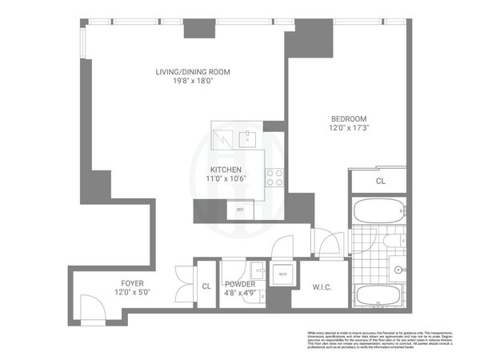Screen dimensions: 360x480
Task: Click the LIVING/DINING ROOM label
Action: (192, 72)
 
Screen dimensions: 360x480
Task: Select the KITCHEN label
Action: (226, 170)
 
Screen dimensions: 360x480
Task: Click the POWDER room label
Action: (240, 284)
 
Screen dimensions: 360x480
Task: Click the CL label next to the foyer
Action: (206, 285)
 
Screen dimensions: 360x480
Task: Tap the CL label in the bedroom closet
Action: (380, 182)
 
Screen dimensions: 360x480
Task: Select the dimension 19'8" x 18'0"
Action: (192, 81)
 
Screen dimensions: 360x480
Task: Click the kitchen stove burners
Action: (274, 177)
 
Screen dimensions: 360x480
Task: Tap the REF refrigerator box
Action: (239, 210)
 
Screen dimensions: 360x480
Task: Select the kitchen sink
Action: (247, 135)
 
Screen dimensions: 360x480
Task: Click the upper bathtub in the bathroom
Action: (380, 213)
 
